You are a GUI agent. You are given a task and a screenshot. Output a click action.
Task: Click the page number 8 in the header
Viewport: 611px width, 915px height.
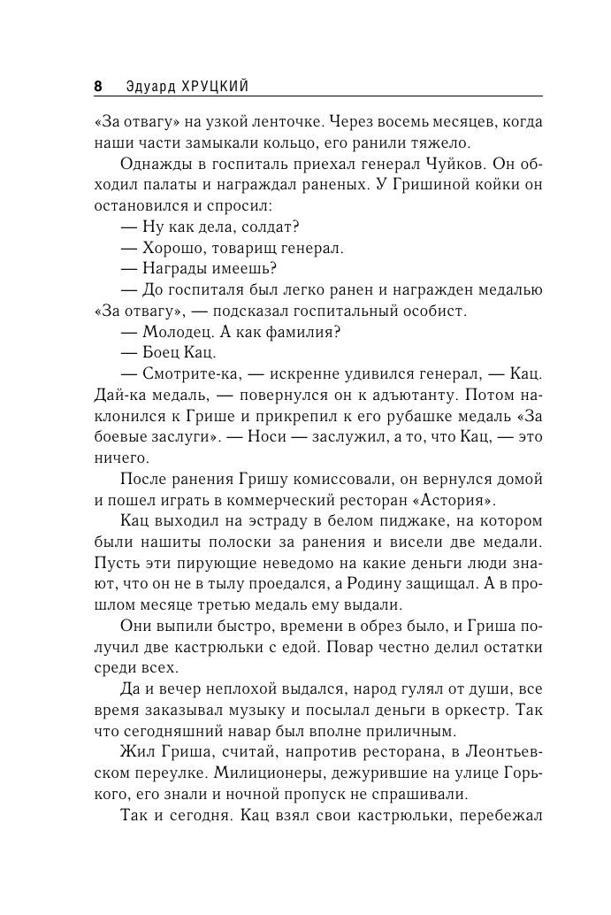click(97, 87)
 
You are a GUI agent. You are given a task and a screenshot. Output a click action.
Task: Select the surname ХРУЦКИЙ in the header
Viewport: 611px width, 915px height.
click(211, 87)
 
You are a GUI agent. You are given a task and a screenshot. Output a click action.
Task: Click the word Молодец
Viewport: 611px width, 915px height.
click(172, 332)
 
